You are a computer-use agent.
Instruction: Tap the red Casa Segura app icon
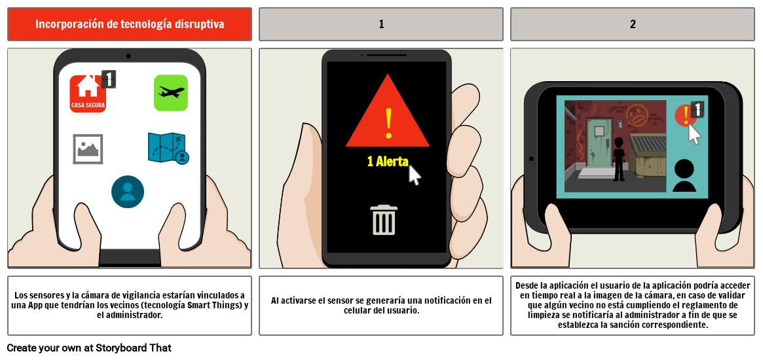[x=88, y=94]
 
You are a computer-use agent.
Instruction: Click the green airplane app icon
[x=171, y=92]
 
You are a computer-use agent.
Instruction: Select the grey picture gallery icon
[x=88, y=149]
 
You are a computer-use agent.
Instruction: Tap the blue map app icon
[x=168, y=148]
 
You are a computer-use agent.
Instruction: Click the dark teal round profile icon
[x=128, y=192]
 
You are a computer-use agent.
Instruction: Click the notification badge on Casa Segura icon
[x=109, y=79]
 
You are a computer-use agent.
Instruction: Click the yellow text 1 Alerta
[x=388, y=162]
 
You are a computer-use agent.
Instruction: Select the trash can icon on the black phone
[x=384, y=220]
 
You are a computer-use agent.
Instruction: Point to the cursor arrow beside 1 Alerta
[x=414, y=175]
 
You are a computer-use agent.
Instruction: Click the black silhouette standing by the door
[x=619, y=159]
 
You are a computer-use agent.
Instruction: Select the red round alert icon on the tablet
[x=685, y=115]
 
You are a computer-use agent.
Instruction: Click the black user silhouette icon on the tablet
[x=684, y=175]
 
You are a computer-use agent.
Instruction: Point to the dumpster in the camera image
[x=648, y=155]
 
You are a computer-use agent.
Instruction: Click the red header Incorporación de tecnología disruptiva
[x=130, y=24]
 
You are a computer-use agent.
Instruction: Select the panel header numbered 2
[x=633, y=24]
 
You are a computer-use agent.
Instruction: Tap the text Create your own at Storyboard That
[x=89, y=348]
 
